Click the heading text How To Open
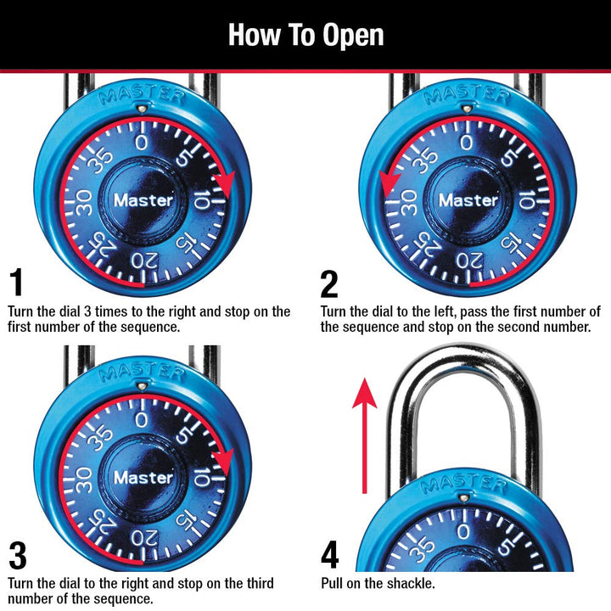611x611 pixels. click(305, 35)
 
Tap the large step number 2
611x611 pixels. click(329, 283)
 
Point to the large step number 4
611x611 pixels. click(331, 555)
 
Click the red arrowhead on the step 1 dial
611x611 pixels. click(225, 182)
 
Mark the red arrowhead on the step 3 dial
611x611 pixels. click(224, 459)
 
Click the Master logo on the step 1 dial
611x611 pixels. click(143, 201)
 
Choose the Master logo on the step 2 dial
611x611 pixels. click(468, 201)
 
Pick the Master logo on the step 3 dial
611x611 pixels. click(143, 478)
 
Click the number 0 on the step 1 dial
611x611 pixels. click(142, 142)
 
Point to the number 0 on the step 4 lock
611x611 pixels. click(463, 532)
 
